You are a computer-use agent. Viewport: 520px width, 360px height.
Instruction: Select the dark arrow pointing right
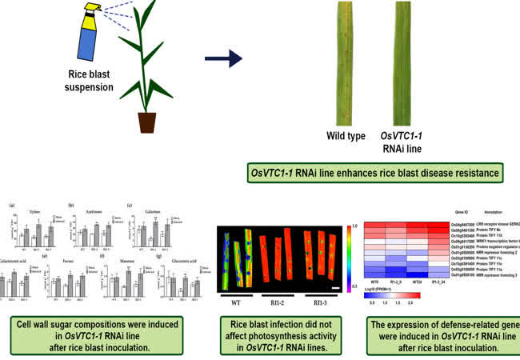coord(225,58)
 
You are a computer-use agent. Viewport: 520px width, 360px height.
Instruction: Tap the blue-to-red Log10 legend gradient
coord(399,295)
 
